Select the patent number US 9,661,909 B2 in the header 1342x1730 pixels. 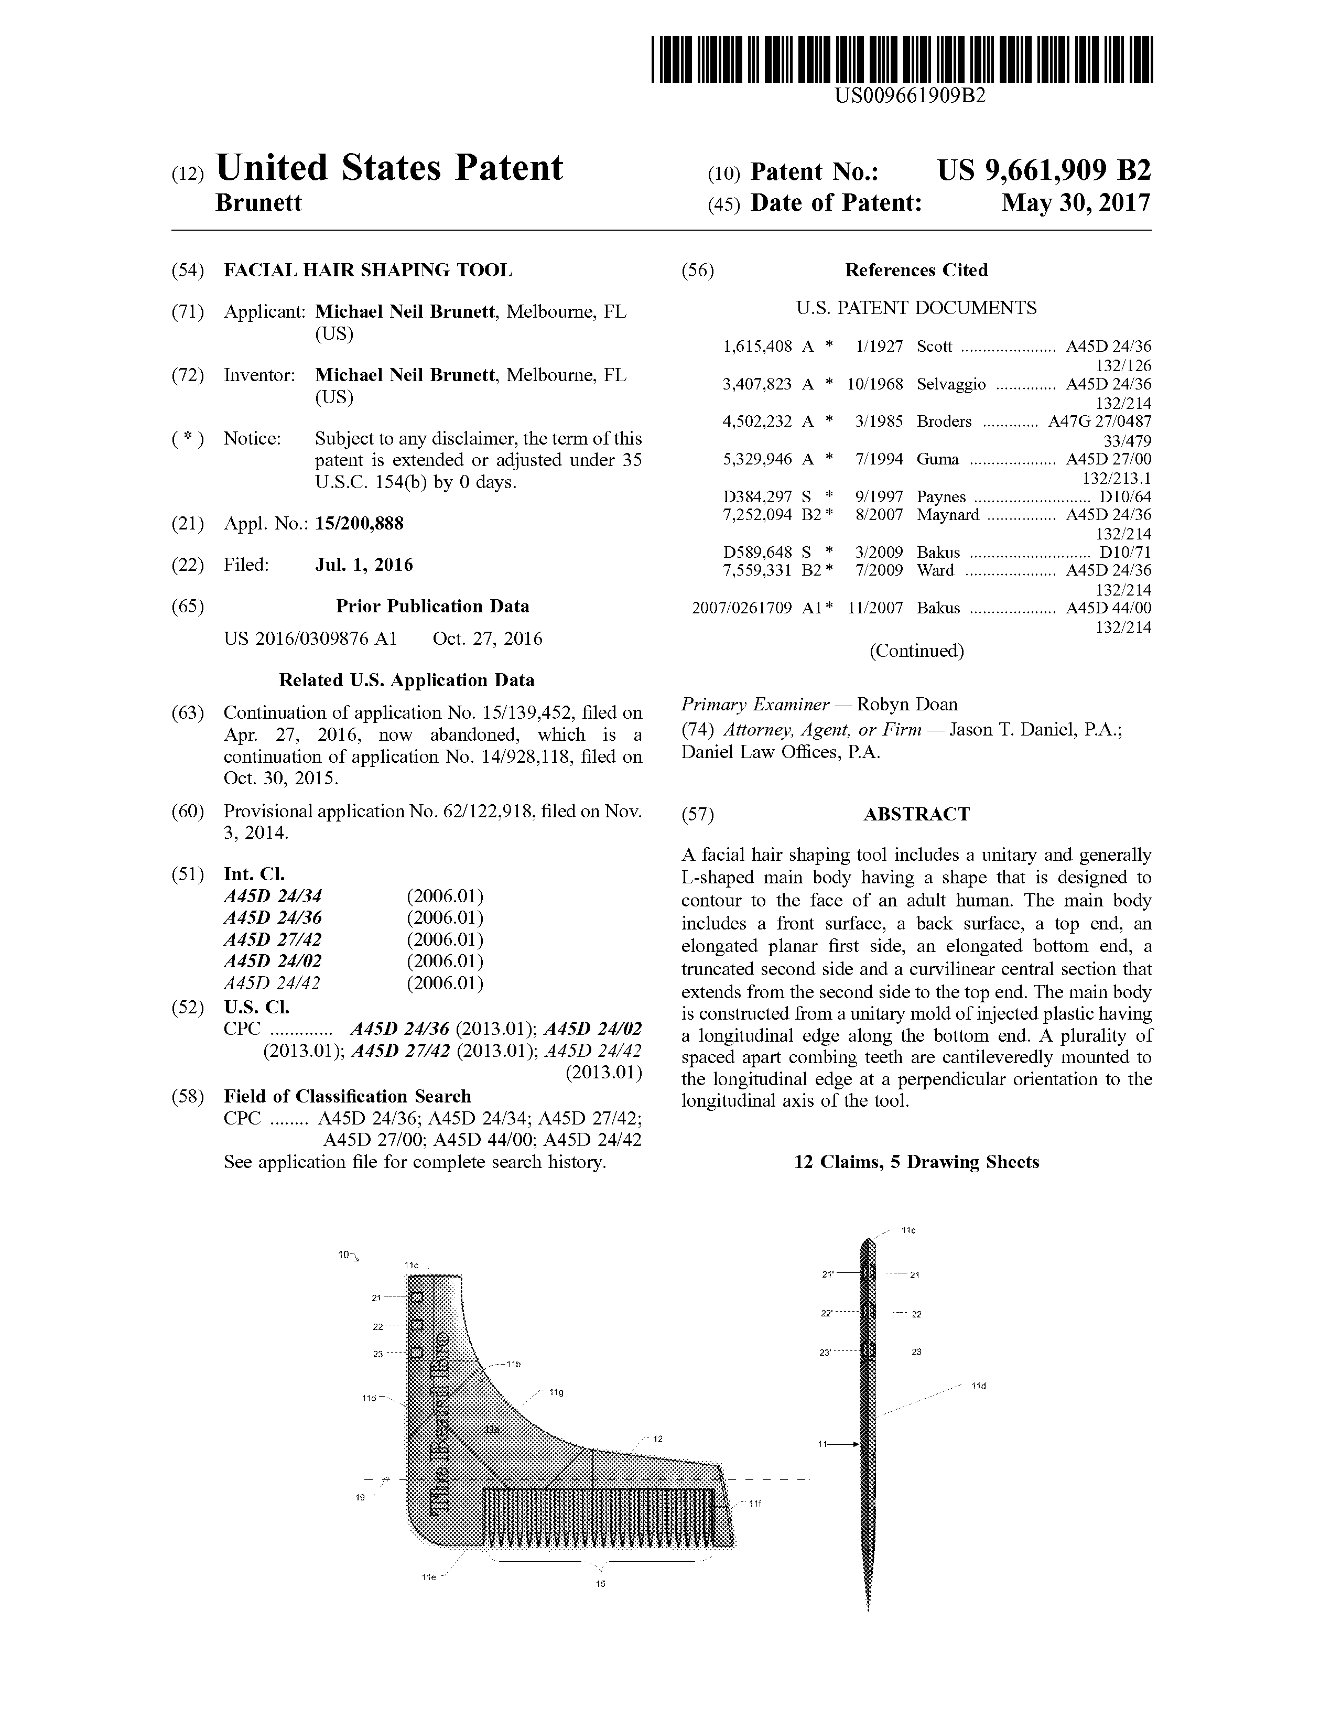[1043, 170]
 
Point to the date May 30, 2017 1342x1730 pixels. [1075, 203]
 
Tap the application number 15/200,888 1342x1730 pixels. [359, 524]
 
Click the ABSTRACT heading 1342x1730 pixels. [916, 814]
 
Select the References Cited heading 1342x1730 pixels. [916, 270]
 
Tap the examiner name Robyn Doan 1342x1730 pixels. [907, 704]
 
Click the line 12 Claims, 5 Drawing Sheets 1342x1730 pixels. [916, 1162]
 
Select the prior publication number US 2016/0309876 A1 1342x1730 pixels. [310, 639]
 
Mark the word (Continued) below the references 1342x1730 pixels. [916, 651]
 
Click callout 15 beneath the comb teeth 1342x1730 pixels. [601, 1583]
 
